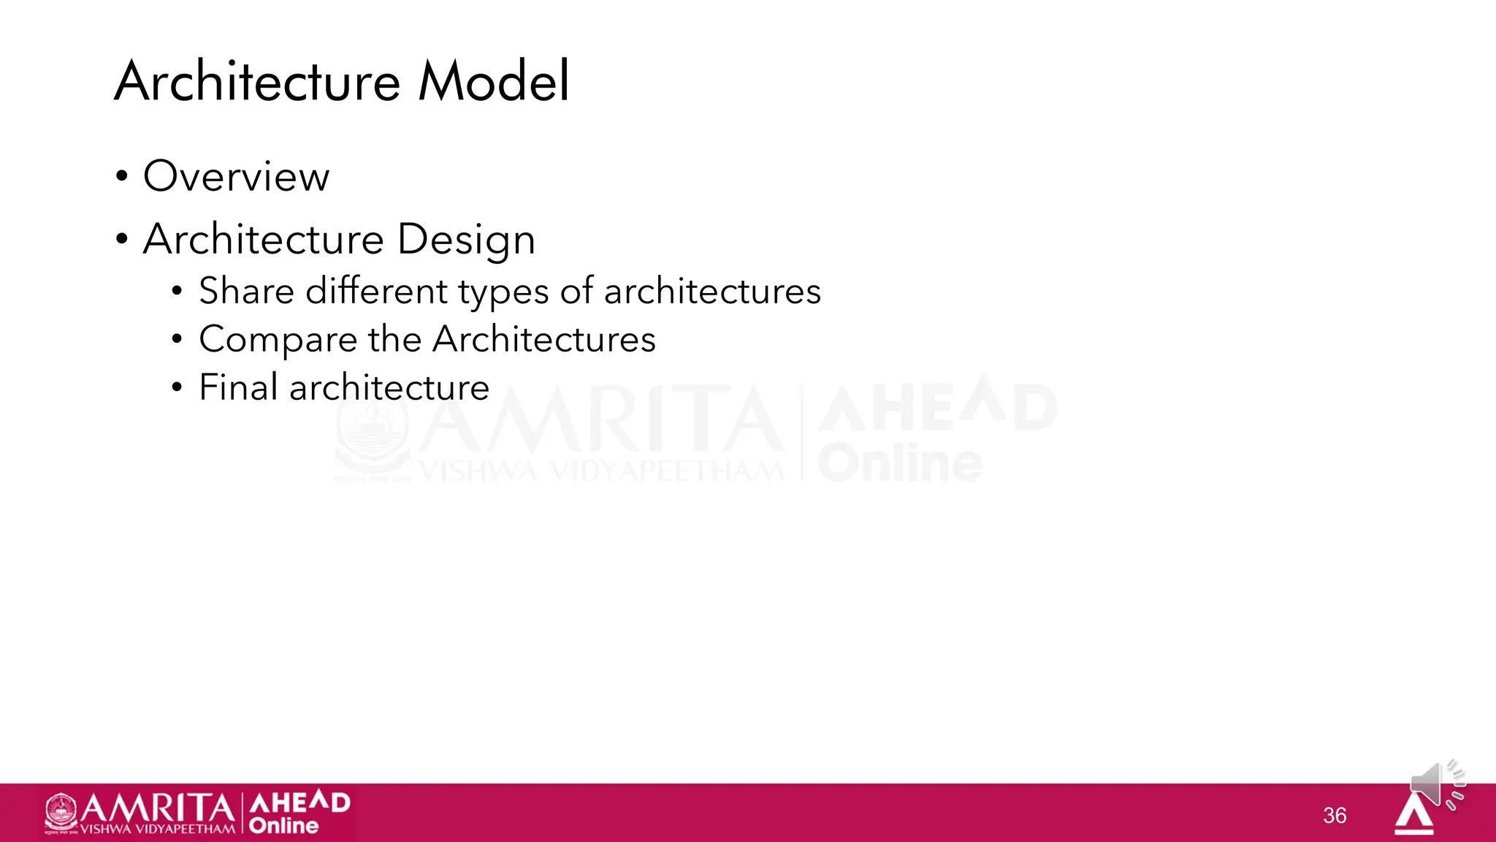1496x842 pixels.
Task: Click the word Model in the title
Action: tap(493, 81)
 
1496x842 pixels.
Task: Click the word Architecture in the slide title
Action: tap(257, 81)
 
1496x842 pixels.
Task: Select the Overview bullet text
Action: tap(236, 176)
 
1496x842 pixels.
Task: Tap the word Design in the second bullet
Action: tap(466, 240)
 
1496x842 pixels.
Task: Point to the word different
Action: tap(376, 291)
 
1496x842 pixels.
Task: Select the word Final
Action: tap(238, 387)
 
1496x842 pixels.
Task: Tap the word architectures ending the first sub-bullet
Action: tap(712, 291)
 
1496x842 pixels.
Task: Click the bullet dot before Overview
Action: tap(121, 176)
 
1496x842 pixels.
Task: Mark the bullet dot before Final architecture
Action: tap(177, 387)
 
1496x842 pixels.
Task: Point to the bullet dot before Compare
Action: tap(177, 339)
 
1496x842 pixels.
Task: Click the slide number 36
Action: tap(1335, 815)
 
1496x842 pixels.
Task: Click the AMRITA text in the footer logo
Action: tap(157, 808)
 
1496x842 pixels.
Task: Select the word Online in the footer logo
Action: tap(283, 826)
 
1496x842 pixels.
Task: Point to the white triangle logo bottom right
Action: tap(1414, 814)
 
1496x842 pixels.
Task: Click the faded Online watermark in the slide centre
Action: tap(899, 463)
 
